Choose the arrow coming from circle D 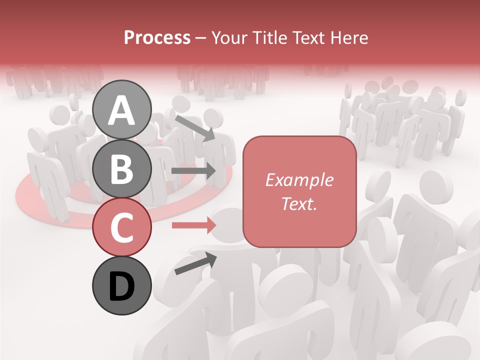[195, 263]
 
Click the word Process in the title [157, 38]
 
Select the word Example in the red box [299, 180]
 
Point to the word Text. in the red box [299, 203]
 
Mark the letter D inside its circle [122, 287]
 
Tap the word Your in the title [229, 38]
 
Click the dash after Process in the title [201, 38]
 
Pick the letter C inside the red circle [122, 227]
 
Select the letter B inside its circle [122, 168]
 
